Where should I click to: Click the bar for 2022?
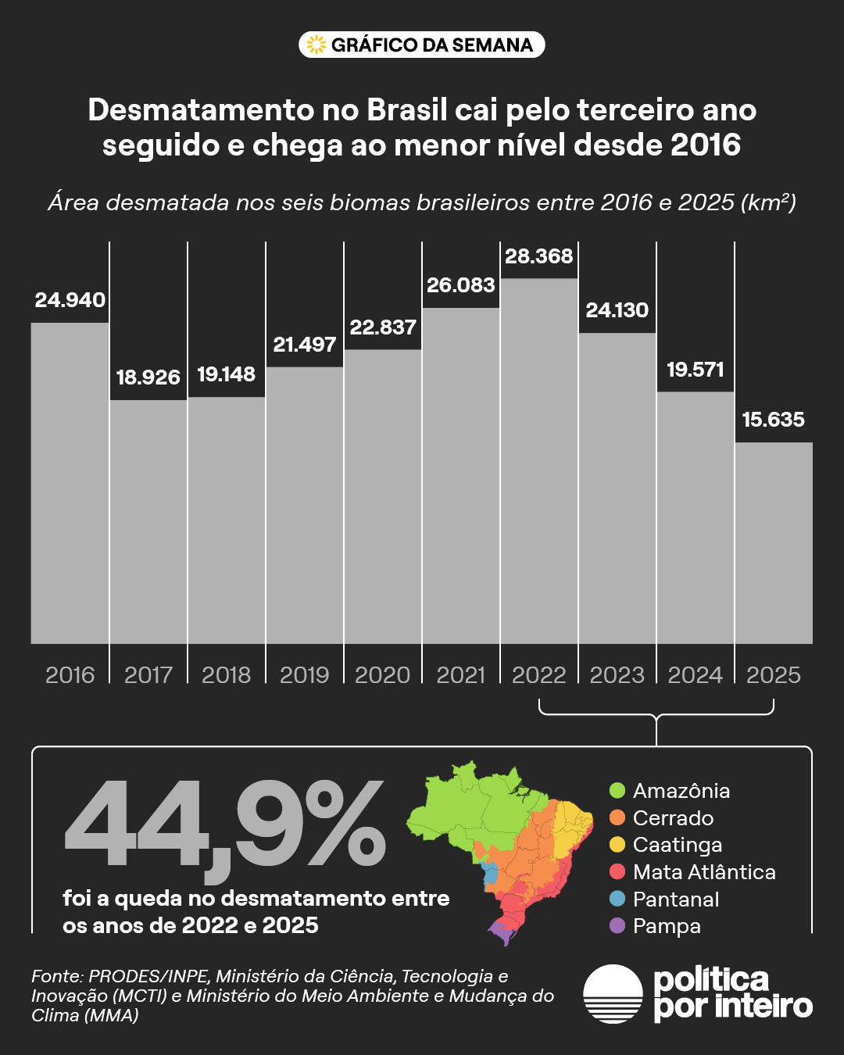coord(539,461)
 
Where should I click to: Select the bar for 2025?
coord(774,542)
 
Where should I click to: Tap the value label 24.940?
coord(70,300)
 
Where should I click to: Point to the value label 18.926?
coord(148,377)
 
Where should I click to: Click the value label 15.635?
coord(774,420)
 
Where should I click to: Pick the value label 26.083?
coord(461,285)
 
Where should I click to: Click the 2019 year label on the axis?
coord(305,675)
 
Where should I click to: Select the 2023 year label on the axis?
coord(617,675)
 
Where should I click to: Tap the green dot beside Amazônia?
coord(617,790)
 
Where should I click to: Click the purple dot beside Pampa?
coord(617,926)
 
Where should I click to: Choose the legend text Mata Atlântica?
coord(704,872)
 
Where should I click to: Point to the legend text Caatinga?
coord(678,845)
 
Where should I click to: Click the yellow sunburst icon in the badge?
coord(316,45)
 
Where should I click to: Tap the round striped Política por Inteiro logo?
coord(613,994)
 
